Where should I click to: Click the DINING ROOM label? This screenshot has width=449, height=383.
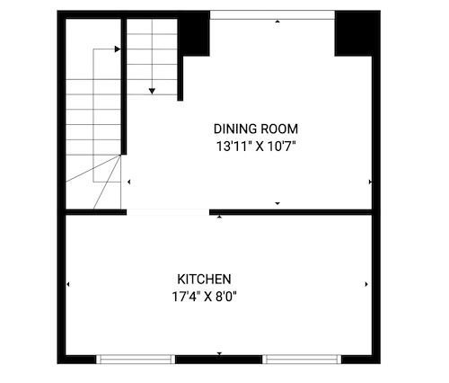[256, 129]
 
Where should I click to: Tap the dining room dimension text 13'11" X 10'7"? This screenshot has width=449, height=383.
[256, 147]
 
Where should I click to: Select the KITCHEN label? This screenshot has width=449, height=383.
[204, 280]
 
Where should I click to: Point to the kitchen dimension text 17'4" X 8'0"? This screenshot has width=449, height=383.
[204, 297]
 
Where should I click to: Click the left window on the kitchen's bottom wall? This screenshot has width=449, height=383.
[136, 359]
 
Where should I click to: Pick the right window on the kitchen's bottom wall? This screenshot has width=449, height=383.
[302, 359]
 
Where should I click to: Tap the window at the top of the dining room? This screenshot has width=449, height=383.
[272, 15]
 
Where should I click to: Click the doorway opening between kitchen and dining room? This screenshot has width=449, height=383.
[168, 212]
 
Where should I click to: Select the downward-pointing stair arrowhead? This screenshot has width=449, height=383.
[152, 91]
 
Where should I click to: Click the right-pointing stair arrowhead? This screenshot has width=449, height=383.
[118, 49]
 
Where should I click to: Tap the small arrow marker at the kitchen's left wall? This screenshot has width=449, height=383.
[68, 284]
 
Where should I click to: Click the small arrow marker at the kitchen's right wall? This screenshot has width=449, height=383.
[366, 284]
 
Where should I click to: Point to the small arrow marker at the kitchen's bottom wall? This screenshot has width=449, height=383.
[219, 353]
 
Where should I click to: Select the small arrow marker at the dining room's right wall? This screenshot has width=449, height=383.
[370, 182]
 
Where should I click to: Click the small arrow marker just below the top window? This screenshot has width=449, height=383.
[277, 22]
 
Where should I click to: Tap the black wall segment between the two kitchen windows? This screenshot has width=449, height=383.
[218, 360]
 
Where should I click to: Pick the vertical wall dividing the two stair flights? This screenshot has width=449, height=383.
[124, 86]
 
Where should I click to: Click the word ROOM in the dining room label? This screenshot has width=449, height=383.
[279, 129]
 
